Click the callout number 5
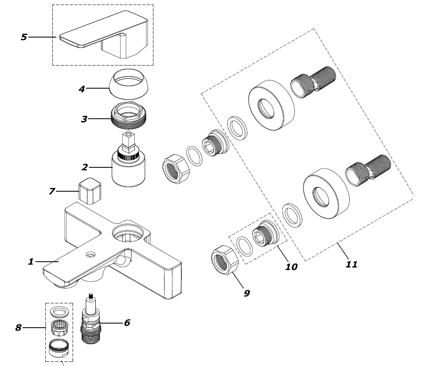click(x=24, y=37)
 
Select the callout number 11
click(x=351, y=264)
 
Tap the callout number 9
click(x=247, y=293)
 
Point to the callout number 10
click(x=291, y=267)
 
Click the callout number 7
click(x=52, y=192)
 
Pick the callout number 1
click(x=31, y=261)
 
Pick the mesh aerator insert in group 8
click(x=59, y=328)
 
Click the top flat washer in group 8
click(x=59, y=312)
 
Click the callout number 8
click(x=18, y=328)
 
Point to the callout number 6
click(x=127, y=323)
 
